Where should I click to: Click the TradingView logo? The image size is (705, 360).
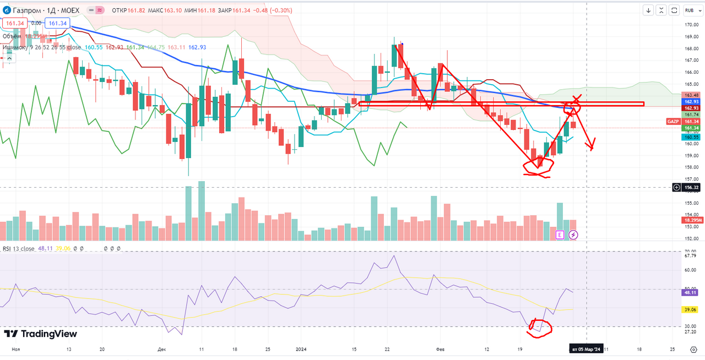coord(40,334)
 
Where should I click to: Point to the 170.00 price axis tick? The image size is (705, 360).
coord(692,25)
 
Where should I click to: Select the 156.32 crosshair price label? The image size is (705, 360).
coord(691,188)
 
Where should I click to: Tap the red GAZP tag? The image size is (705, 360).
coord(673,121)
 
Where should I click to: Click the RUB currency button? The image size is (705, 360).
coord(689,10)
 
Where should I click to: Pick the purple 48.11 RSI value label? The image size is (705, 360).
coord(691,293)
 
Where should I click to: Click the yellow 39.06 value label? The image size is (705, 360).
coord(691,310)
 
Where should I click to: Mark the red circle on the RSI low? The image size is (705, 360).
coord(539,327)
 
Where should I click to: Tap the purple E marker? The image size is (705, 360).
coord(560,235)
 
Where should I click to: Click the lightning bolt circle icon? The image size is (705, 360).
coord(573,235)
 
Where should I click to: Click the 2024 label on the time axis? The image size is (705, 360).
coord(301,349)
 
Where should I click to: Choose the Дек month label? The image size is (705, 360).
coord(161,349)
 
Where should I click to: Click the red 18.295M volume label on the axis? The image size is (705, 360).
coord(692,220)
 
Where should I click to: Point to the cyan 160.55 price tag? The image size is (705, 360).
coord(691,137)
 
